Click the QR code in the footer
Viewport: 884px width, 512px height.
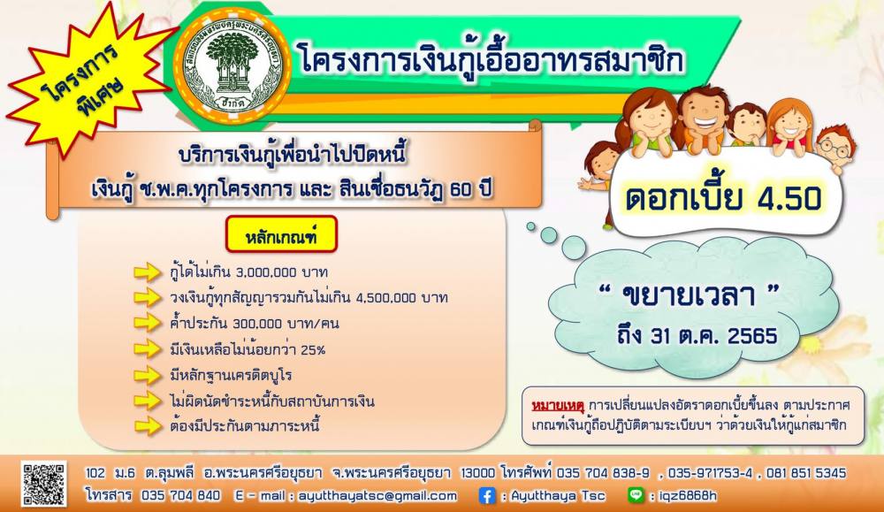(43, 483)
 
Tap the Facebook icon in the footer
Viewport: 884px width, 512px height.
(486, 496)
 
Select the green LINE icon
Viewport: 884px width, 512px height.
(636, 495)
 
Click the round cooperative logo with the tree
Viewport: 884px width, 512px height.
(232, 66)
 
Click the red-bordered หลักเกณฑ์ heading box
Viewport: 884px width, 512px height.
(281, 234)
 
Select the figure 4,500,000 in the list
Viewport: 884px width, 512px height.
(386, 298)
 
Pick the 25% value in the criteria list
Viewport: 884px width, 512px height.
(313, 349)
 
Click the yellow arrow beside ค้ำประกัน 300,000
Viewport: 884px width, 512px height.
(148, 323)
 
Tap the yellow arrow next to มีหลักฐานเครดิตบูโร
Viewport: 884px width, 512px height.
(148, 375)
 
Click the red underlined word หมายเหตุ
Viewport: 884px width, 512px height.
(557, 405)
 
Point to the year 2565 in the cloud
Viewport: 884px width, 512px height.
(752, 335)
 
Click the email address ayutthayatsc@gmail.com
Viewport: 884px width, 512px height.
(377, 496)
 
